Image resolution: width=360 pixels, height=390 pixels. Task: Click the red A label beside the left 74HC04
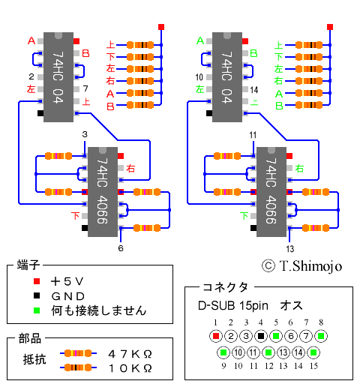(31, 40)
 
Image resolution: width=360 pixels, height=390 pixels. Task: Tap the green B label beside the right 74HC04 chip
(253, 53)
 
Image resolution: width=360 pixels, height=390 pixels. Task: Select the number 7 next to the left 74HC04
(85, 88)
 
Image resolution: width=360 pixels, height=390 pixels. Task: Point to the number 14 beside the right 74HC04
(254, 90)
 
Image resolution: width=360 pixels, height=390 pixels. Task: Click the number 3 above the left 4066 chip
(85, 134)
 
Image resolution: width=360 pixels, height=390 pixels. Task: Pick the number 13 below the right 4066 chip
(290, 249)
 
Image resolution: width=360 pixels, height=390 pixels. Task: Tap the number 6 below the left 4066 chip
(121, 248)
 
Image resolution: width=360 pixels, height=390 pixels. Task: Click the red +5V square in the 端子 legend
(37, 281)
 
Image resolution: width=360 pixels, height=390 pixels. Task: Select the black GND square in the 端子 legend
(37, 295)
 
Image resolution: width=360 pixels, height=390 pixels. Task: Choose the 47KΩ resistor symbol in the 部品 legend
(78, 353)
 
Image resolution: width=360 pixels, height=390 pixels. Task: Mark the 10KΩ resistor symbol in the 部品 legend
(78, 367)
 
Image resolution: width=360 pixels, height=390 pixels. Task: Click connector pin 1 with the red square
(216, 336)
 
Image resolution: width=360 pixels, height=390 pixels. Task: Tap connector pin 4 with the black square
(261, 336)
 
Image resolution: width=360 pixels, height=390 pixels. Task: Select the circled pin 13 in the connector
(283, 352)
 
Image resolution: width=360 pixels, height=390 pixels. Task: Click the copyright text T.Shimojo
(310, 265)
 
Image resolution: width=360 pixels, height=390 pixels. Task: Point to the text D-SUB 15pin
(233, 305)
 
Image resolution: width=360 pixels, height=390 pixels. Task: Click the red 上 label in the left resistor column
(110, 45)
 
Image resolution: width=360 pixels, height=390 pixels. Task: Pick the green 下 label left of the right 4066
(244, 215)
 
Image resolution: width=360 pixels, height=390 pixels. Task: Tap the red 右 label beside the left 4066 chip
(130, 168)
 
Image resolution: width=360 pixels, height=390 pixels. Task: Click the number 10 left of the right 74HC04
(199, 77)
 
